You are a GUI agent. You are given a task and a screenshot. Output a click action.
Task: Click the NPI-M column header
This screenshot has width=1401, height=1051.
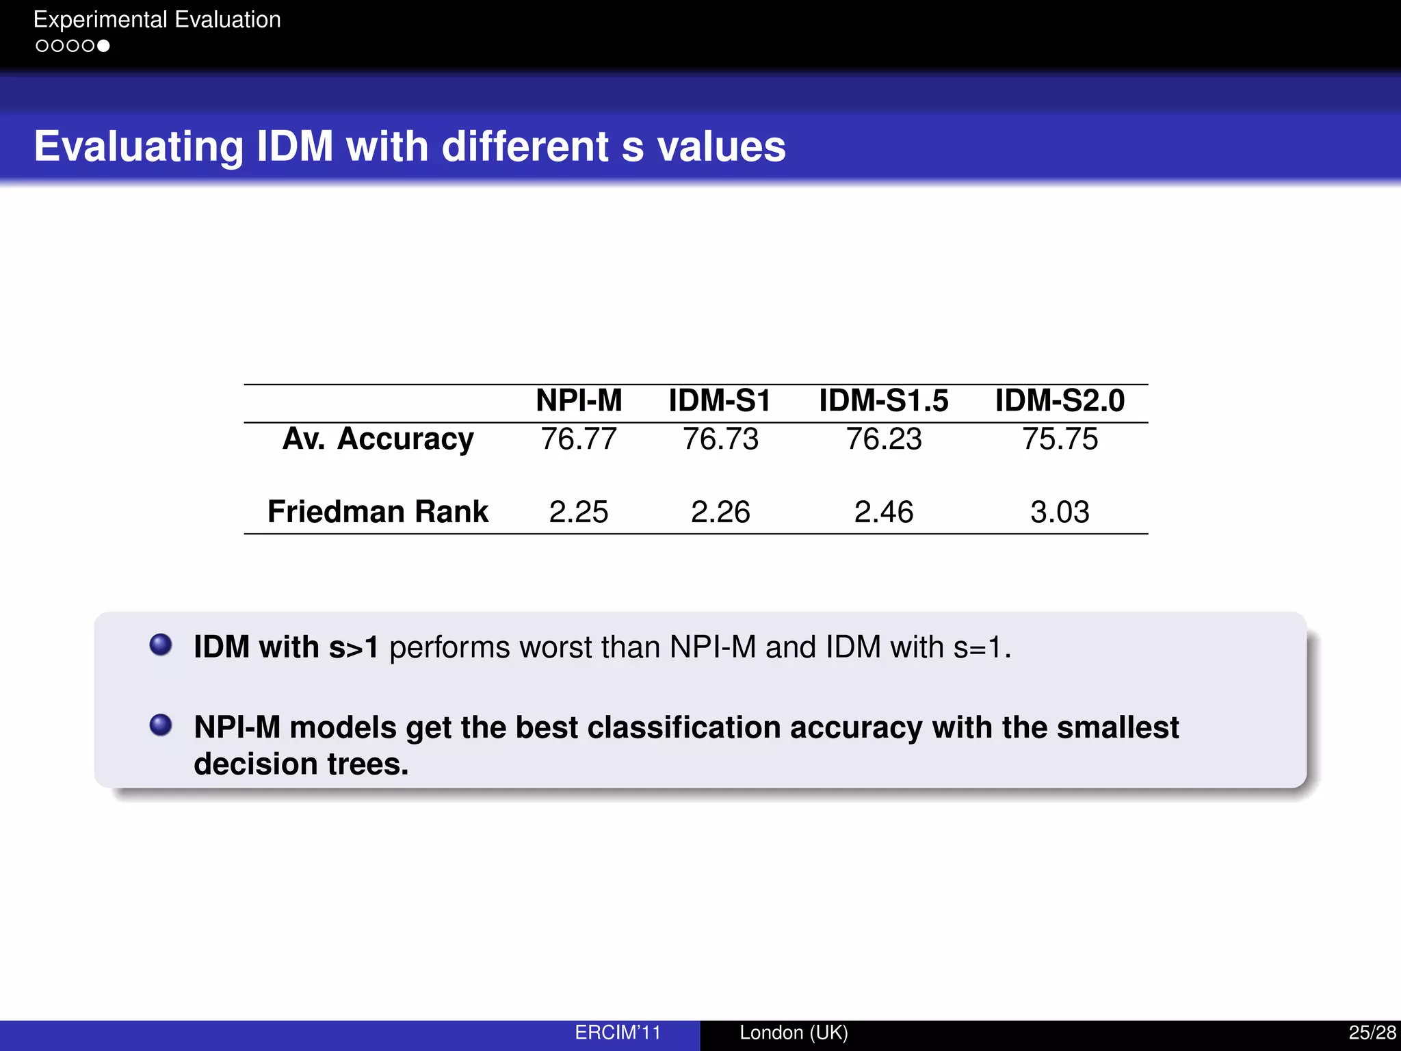[x=579, y=401]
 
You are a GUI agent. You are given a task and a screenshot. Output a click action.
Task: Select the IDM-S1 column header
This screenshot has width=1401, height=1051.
[x=720, y=401]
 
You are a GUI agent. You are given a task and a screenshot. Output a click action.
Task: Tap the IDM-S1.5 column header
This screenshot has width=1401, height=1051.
[x=884, y=401]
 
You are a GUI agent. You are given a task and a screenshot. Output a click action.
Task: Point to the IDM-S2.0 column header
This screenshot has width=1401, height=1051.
[x=1060, y=401]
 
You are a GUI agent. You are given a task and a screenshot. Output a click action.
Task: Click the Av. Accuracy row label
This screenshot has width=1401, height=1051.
[x=378, y=439]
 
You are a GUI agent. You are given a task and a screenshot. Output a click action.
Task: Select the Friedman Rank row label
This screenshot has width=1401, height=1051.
[x=378, y=512]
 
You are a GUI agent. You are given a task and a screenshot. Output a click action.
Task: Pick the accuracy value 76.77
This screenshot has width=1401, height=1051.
[x=579, y=439]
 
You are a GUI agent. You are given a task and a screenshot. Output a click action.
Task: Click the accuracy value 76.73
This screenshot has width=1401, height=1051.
[x=720, y=439]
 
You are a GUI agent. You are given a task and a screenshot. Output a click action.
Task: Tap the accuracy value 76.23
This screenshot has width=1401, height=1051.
[x=884, y=439]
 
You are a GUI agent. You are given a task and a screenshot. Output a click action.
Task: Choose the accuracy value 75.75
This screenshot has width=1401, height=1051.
[x=1060, y=439]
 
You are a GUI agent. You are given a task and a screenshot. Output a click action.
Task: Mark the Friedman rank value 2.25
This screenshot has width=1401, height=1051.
[x=579, y=512]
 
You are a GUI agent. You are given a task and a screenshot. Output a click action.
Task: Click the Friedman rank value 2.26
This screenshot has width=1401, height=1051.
[x=720, y=512]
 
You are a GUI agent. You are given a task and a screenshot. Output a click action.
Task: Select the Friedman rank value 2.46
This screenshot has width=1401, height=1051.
[x=884, y=512]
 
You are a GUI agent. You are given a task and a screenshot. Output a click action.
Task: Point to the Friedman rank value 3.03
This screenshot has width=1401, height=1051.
[x=1060, y=512]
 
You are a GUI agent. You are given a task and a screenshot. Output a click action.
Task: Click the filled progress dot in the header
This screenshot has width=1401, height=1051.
[x=103, y=46]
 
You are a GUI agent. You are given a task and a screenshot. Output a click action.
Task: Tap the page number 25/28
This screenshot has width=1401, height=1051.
[x=1372, y=1033]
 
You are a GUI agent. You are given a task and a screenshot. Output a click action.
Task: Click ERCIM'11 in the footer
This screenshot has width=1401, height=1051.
[x=618, y=1033]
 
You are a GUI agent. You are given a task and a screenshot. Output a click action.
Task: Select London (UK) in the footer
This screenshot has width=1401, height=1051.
[x=794, y=1033]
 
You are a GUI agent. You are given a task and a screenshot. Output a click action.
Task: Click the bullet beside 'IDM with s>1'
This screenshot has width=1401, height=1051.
[x=161, y=645]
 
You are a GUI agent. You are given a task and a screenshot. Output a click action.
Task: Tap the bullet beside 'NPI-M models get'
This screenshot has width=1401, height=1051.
[x=161, y=725]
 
